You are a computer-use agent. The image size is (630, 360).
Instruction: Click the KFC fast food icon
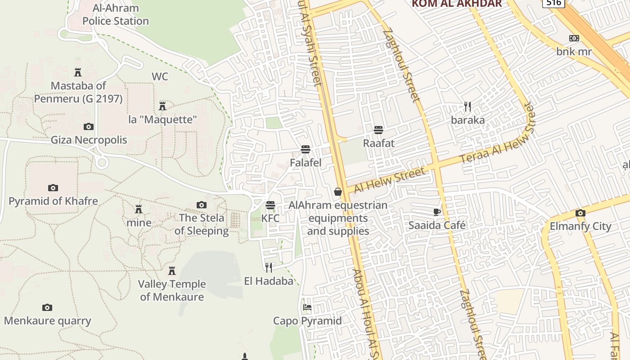coord(270,205)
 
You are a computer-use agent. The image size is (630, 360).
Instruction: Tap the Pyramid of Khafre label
coord(53,201)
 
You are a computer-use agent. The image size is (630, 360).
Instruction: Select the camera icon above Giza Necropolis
coord(89,127)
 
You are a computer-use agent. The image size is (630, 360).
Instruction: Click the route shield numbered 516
coord(553,3)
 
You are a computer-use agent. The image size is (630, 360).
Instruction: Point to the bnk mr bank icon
coord(574,39)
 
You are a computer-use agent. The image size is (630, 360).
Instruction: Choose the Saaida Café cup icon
coord(436,212)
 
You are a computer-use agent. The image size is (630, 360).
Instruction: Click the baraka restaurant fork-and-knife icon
coord(468,107)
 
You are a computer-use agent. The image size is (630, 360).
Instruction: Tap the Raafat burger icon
coord(378,130)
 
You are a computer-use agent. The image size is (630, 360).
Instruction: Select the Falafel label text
coord(306,163)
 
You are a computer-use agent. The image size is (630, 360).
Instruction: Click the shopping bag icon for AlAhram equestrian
coord(338,192)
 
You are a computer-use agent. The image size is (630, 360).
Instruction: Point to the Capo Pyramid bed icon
coord(307,308)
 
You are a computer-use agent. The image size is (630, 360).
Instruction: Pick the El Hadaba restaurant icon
coord(269,268)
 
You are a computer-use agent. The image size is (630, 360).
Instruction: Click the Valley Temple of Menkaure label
coord(172,290)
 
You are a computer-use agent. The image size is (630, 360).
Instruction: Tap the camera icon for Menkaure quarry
coord(47,308)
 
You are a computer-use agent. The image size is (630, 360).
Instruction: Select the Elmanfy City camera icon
coord(580,213)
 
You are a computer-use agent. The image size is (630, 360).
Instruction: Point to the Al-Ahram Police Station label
coord(116,14)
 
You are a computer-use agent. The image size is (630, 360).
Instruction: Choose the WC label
coord(160,76)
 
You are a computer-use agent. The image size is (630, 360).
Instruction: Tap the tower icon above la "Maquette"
coord(162,106)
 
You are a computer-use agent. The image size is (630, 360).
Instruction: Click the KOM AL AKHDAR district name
coord(457,4)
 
